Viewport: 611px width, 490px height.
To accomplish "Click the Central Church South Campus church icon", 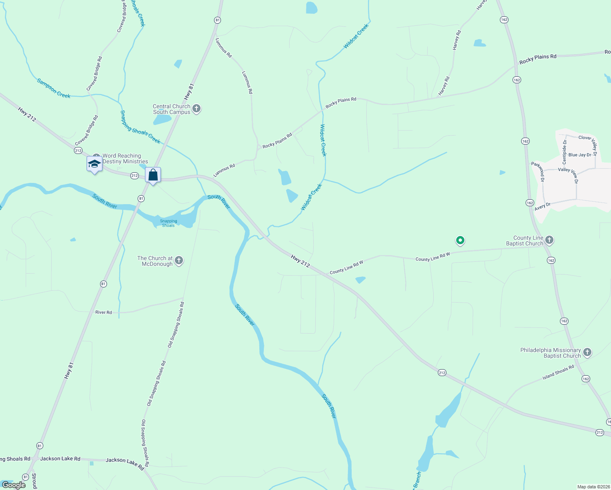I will (196, 109).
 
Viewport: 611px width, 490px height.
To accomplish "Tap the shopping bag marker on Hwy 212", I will (153, 175).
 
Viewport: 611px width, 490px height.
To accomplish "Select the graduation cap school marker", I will (94, 164).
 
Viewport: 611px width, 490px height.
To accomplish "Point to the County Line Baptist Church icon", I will (549, 240).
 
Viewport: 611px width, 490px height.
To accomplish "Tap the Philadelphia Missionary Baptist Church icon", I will (587, 352).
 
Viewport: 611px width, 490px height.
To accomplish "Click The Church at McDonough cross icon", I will (179, 261).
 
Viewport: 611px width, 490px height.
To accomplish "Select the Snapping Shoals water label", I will (169, 223).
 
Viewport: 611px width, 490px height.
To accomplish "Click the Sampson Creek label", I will (54, 88).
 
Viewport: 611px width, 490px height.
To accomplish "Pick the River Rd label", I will (103, 312).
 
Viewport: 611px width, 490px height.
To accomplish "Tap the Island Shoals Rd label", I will (558, 372).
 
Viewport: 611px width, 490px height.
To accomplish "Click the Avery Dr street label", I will (542, 207).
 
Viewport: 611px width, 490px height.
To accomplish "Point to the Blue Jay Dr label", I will (580, 155).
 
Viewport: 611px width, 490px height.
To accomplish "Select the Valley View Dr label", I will (568, 174).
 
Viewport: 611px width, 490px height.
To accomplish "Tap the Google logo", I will (14, 485).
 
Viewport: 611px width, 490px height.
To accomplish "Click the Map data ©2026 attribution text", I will (593, 487).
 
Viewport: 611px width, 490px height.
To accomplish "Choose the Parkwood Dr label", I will (538, 171).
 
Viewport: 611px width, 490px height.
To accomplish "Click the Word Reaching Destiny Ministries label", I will (125, 158).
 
